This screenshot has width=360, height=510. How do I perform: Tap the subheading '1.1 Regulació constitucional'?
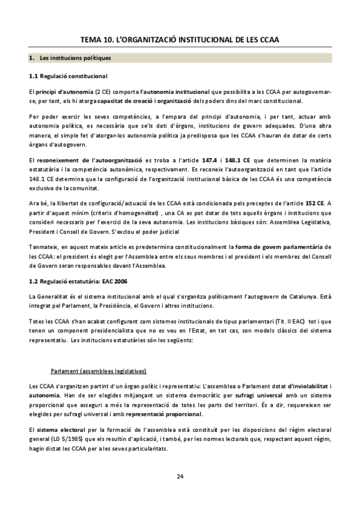pyautogui.click(x=68, y=76)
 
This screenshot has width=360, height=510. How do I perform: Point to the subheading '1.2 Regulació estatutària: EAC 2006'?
pyautogui.click(x=78, y=281)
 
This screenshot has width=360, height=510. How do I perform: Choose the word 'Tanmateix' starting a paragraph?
pyautogui.click(x=44, y=247)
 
